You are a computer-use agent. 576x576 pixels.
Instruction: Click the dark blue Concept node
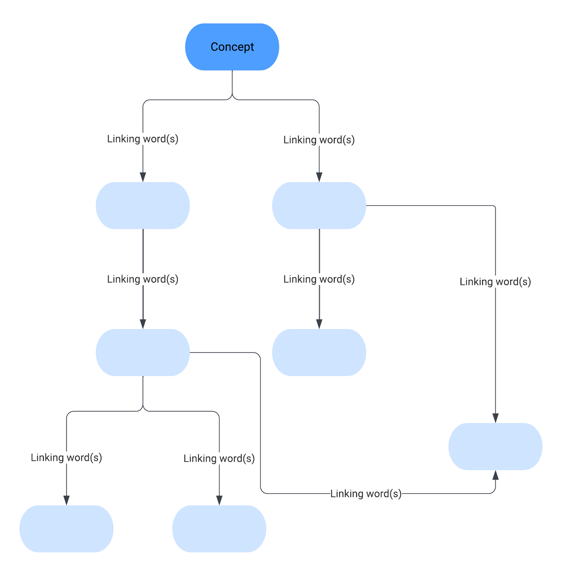tap(232, 47)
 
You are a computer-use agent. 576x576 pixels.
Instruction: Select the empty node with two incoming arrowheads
tap(495, 446)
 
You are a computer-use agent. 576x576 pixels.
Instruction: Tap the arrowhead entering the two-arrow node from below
tap(495, 475)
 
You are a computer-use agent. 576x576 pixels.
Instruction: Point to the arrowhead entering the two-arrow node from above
tap(495, 418)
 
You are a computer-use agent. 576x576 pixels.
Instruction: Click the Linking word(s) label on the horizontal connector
tap(366, 494)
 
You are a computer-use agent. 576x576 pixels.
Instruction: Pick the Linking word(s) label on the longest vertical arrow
tap(495, 282)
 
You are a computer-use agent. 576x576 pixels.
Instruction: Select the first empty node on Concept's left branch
tap(143, 206)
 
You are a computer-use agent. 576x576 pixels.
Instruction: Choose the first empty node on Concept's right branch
tap(319, 206)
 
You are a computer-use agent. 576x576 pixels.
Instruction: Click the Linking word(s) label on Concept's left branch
tap(143, 139)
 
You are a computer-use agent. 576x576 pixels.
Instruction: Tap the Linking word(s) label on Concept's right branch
tap(319, 140)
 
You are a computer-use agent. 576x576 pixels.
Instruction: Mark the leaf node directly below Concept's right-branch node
tap(319, 352)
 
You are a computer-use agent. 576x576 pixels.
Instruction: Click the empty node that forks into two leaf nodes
tap(143, 352)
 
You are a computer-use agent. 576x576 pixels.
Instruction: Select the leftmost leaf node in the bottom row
tap(67, 529)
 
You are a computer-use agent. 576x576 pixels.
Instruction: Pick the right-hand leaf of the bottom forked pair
tap(219, 529)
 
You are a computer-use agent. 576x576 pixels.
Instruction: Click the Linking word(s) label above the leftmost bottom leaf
tap(67, 458)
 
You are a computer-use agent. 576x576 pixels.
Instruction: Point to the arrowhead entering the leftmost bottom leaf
tap(67, 500)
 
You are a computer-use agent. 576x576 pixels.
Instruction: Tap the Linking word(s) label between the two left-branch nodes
tap(143, 279)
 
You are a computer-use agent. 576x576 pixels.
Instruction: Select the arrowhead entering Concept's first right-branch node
tap(319, 177)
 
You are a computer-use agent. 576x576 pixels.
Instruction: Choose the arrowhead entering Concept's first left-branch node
tap(143, 177)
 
